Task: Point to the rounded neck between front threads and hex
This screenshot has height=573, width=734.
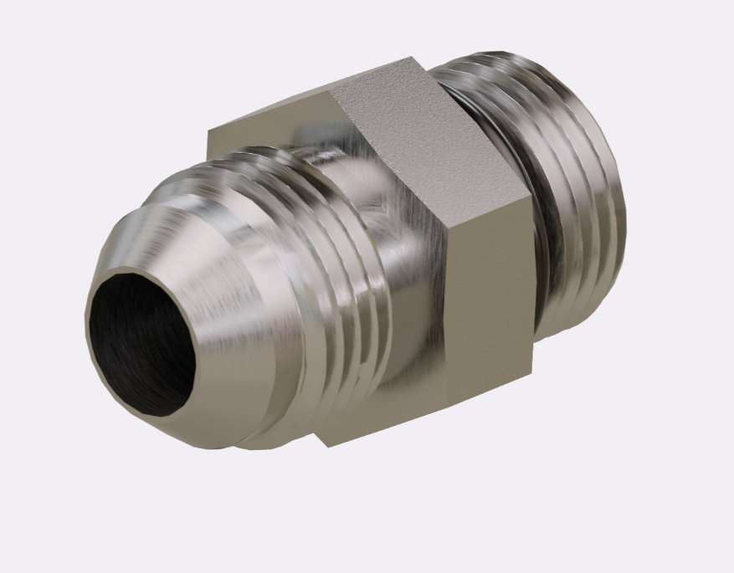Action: [x=402, y=276]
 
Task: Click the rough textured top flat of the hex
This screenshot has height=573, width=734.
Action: [x=418, y=134]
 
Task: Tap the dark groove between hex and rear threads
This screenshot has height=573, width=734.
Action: [x=536, y=209]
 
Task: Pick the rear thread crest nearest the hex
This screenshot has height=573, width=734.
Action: [x=552, y=192]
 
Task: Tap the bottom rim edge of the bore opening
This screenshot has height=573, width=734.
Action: [x=151, y=413]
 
